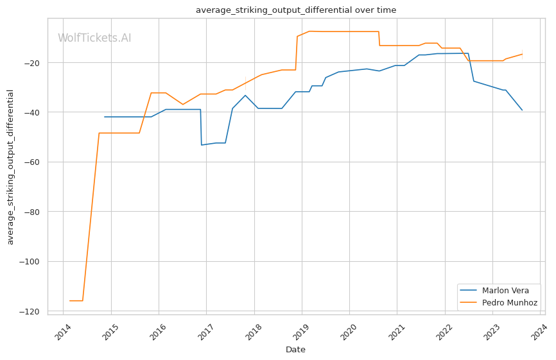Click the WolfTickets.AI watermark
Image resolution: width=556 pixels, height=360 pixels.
pos(94,39)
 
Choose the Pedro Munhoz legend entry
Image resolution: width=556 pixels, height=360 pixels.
pos(512,302)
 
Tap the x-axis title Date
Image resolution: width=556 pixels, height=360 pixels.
pos(295,350)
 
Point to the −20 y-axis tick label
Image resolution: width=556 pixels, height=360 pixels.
pos(33,63)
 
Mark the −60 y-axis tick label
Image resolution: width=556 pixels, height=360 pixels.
pos(33,162)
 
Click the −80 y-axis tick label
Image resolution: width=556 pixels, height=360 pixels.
pos(33,212)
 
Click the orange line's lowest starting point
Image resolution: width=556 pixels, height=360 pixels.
pos(70,300)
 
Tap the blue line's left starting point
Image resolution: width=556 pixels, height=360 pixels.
pos(105,117)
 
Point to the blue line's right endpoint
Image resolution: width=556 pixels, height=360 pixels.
pos(522,110)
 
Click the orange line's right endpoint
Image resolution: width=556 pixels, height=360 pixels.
pos(522,54)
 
